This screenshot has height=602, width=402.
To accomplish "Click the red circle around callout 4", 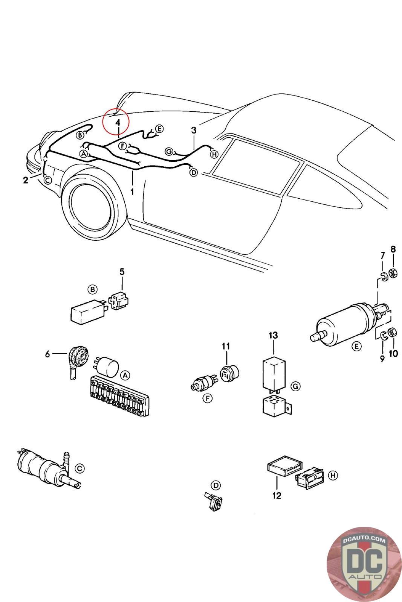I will pos(116,122).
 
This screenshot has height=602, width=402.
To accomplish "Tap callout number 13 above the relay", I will pos(273,334).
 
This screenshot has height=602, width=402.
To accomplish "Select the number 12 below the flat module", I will pos(277,496).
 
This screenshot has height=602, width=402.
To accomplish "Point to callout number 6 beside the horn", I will pos(47,354).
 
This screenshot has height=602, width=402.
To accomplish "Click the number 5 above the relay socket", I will pos(122,271).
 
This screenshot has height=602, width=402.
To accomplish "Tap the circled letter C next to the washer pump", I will pos(79,468).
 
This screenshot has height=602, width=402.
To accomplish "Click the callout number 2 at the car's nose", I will pos(25,180).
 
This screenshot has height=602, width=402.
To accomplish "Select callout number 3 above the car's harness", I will pos(194,130).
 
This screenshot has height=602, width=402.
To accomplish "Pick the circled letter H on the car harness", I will pos(214,154).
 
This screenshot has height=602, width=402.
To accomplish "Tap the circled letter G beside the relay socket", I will pos(295,386).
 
